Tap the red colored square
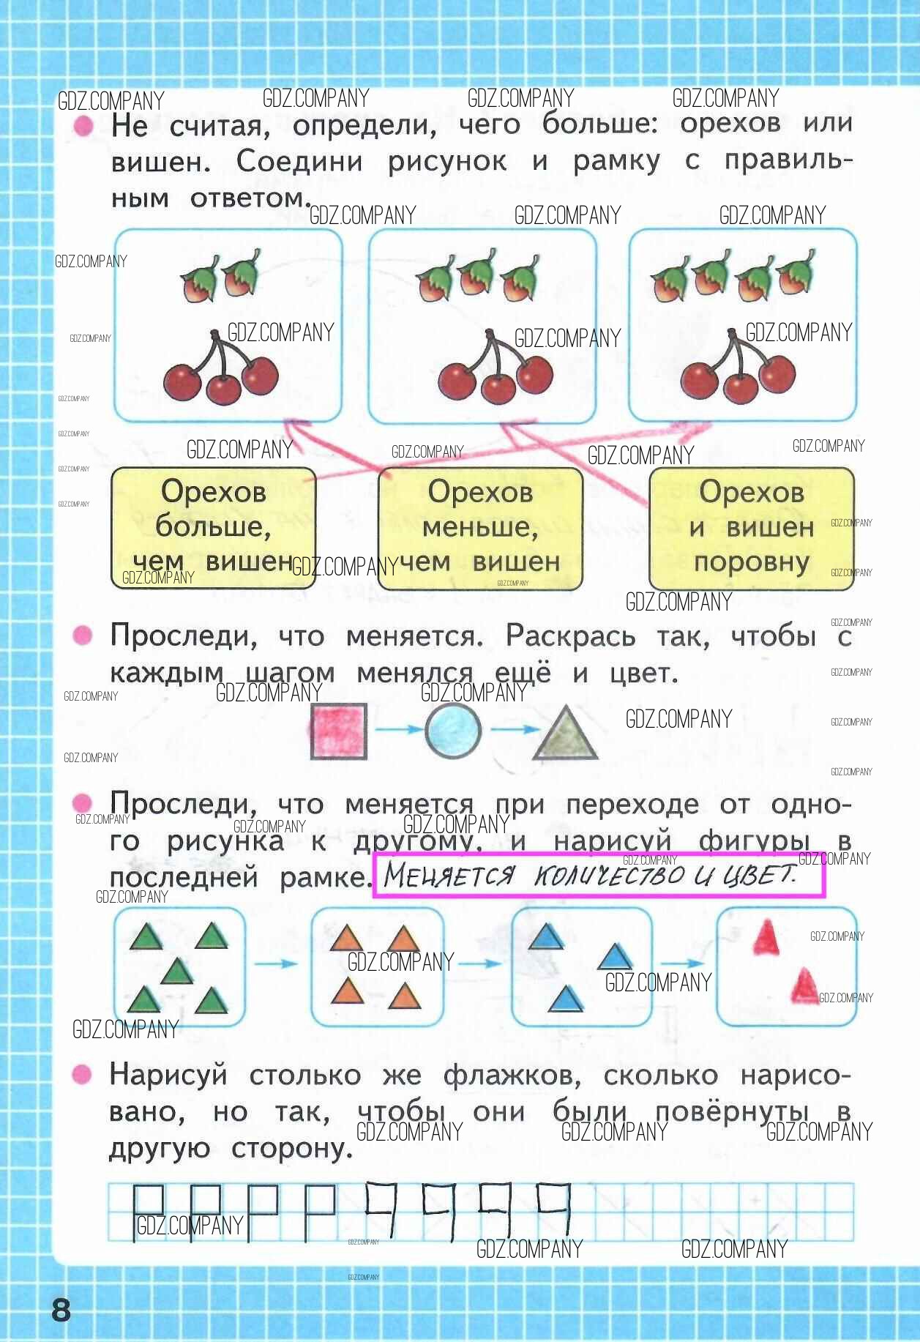(x=338, y=731)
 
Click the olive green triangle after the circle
(x=566, y=732)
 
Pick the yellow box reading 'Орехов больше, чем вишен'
(x=213, y=528)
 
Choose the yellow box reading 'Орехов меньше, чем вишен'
(x=480, y=528)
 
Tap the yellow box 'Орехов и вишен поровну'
(x=752, y=528)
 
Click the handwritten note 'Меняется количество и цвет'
(x=590, y=875)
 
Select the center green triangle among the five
(x=176, y=972)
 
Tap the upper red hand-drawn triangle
(x=766, y=938)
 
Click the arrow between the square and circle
(x=399, y=729)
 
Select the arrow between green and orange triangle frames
(x=276, y=963)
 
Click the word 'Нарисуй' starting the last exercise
(x=168, y=1076)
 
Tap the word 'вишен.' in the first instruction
(x=161, y=162)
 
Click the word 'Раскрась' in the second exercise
(x=570, y=636)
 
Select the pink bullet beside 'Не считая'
(x=83, y=126)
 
